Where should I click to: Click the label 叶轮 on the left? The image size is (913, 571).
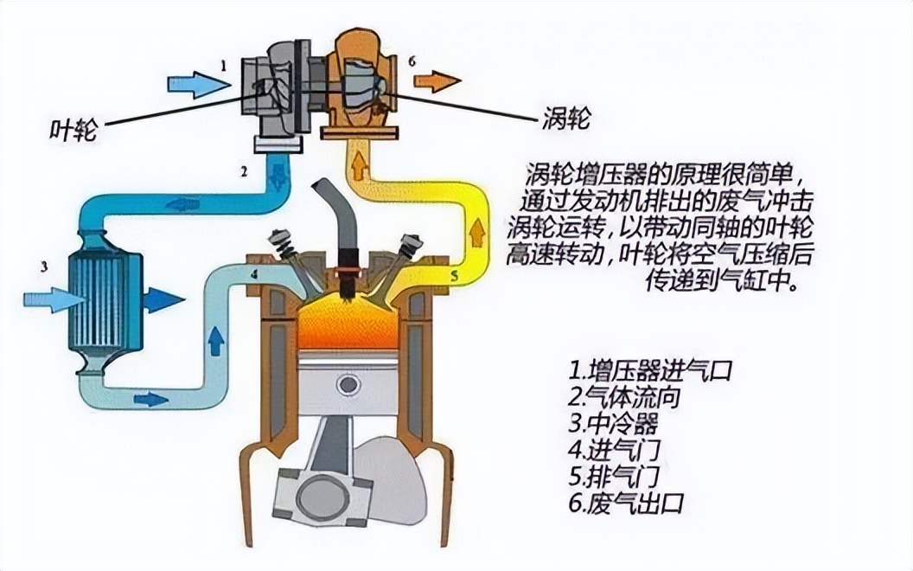[74, 129]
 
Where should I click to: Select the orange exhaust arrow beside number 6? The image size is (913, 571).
[437, 82]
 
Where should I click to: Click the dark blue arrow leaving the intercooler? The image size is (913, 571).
[163, 300]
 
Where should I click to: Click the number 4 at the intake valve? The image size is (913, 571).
[254, 275]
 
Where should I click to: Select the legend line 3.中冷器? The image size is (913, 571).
[613, 424]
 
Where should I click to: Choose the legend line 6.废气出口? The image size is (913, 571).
[626, 503]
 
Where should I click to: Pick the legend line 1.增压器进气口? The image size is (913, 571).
[651, 371]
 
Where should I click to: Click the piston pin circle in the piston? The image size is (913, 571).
[348, 383]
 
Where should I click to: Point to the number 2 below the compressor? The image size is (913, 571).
[245, 171]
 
